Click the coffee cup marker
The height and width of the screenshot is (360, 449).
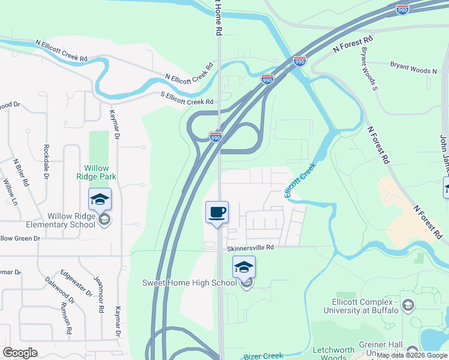[x=217, y=212]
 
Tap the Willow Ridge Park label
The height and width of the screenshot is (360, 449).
[x=92, y=173]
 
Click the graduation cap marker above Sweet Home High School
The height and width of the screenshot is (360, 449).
[x=244, y=267]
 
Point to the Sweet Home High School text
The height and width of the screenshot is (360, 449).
[x=189, y=283]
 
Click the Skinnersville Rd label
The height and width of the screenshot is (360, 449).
[x=250, y=247]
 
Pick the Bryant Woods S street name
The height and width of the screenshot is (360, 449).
[x=369, y=69]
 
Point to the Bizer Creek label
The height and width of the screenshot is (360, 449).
[x=264, y=356]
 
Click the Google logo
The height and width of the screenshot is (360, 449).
[x=20, y=353]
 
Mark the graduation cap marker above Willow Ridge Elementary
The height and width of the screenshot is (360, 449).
[x=100, y=199]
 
